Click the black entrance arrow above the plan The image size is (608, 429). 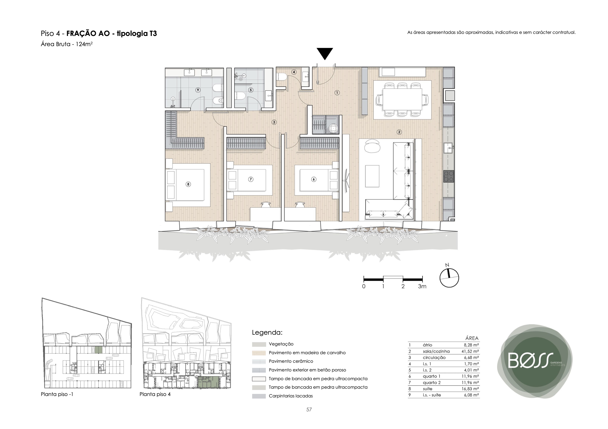(x=325, y=54)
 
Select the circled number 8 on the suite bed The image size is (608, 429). (x=188, y=184)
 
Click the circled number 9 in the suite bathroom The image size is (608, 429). (x=198, y=90)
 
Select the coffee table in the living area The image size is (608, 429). (x=372, y=176)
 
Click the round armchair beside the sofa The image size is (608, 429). (x=372, y=146)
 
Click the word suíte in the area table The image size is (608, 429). (x=427, y=389)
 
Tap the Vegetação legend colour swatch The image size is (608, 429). (x=259, y=344)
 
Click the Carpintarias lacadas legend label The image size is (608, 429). (x=291, y=396)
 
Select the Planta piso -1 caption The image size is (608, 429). (x=57, y=394)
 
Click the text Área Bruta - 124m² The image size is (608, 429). (x=67, y=44)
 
